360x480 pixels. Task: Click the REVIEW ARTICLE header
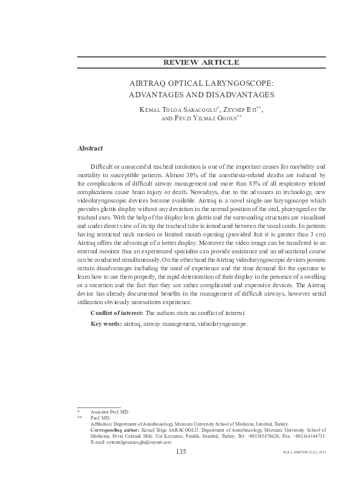202,63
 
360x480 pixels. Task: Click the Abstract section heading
90,148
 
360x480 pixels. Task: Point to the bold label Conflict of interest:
117,313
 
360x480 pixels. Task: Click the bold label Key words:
106,324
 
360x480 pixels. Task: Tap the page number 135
180,451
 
